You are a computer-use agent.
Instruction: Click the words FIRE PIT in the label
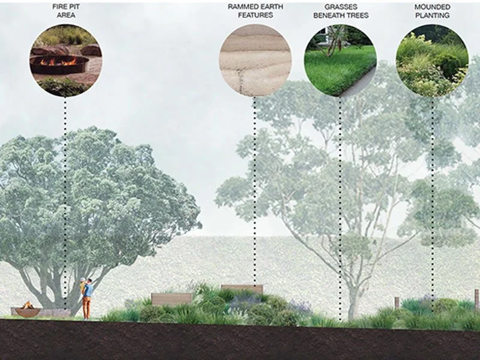pyautogui.click(x=65, y=7)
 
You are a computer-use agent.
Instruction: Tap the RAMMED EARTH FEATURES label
pyautogui.click(x=255, y=11)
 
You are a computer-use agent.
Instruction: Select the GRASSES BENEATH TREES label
pyautogui.click(x=340, y=11)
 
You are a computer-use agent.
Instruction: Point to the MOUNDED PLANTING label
pyautogui.click(x=432, y=11)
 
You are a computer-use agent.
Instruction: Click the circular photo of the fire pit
pyautogui.click(x=65, y=61)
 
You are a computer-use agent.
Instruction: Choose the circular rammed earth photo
pyautogui.click(x=255, y=60)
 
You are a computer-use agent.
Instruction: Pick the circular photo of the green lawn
pyautogui.click(x=340, y=60)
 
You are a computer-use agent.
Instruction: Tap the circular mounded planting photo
pyautogui.click(x=432, y=60)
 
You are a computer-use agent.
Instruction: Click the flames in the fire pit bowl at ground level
pyautogui.click(x=26, y=305)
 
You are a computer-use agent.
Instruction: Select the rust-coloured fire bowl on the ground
pyautogui.click(x=27, y=312)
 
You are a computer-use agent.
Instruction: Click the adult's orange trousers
pyautogui.click(x=87, y=308)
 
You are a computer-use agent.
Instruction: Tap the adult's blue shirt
pyautogui.click(x=88, y=290)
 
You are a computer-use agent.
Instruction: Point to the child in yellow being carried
pyautogui.click(x=83, y=284)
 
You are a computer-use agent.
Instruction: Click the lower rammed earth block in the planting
pyautogui.click(x=172, y=298)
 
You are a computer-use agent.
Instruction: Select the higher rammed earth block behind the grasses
pyautogui.click(x=242, y=289)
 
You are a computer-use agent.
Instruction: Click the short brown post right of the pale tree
pyautogui.click(x=397, y=302)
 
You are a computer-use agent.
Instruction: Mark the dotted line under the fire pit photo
pyautogui.click(x=65, y=180)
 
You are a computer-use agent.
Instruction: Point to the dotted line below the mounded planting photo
pyautogui.click(x=432, y=180)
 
